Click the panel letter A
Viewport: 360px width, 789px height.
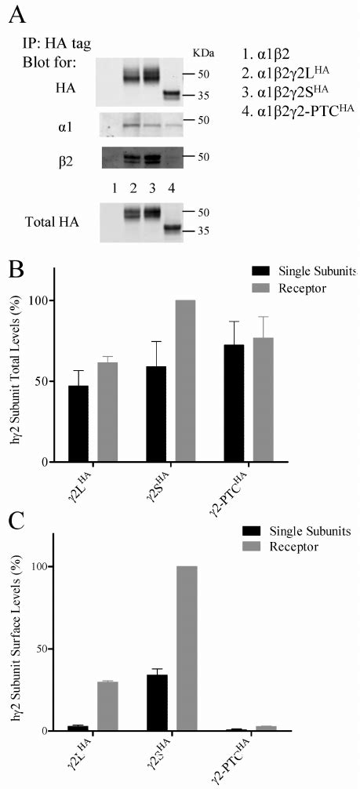[x=15, y=15]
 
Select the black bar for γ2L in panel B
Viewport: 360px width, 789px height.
[x=78, y=424]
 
